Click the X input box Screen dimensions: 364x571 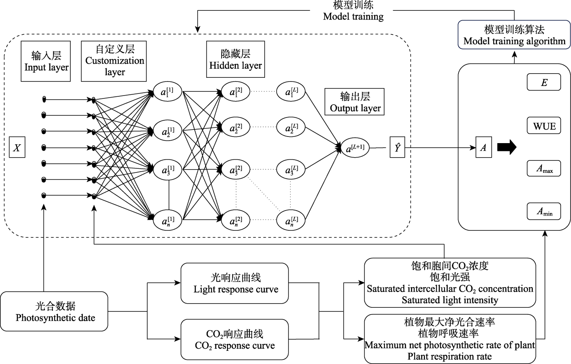17,148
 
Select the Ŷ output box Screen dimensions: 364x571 397,148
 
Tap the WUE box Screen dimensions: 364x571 544,126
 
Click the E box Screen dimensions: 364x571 544,82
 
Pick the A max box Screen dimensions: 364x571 544,168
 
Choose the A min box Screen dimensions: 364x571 544,211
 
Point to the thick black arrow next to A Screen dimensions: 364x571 507,147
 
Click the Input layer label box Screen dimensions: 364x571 46,61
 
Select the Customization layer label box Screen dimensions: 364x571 114,61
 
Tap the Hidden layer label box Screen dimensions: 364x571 235,59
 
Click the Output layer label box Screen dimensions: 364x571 355,102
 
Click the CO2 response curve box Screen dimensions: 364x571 234,339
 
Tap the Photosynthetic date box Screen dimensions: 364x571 55,311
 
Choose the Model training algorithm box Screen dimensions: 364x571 514,35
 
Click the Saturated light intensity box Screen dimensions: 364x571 449,283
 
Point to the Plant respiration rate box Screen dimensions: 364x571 449,339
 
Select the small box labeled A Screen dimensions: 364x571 483,147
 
